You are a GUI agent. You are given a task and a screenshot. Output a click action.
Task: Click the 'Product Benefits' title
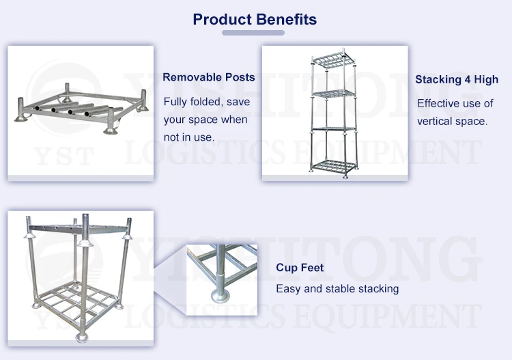click(x=255, y=19)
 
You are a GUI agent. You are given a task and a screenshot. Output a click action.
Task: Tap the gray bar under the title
click(x=254, y=33)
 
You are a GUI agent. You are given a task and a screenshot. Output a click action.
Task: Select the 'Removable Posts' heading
click(x=208, y=77)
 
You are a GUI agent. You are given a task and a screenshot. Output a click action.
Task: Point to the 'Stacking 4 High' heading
click(x=457, y=79)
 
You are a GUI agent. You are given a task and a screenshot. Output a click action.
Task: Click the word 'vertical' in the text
click(x=436, y=121)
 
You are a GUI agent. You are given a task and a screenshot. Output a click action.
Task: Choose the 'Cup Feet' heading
click(x=300, y=268)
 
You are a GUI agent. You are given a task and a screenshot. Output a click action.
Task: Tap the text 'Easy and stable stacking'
click(x=337, y=289)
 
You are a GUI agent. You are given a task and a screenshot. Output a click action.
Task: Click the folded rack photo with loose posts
click(x=81, y=113)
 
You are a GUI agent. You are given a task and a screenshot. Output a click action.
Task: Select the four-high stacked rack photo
click(x=335, y=113)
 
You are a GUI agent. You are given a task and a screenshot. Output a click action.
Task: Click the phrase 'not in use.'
click(x=189, y=137)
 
